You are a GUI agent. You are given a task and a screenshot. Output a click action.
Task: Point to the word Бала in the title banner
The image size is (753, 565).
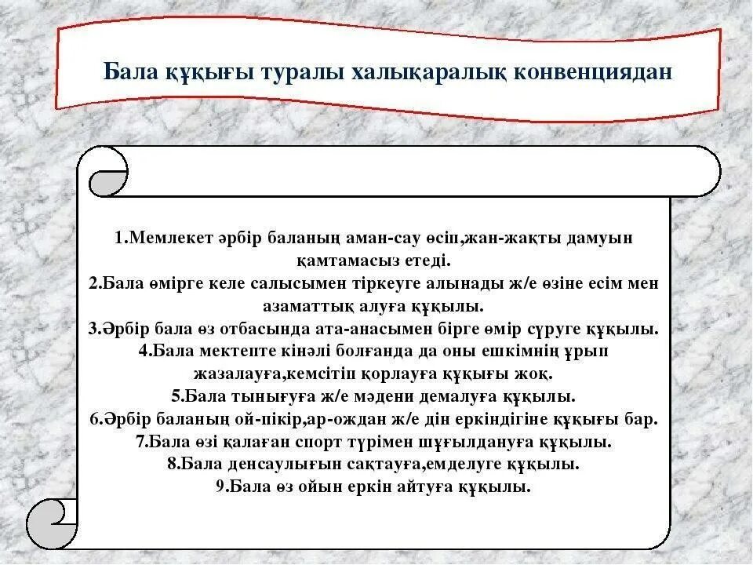[x=129, y=72]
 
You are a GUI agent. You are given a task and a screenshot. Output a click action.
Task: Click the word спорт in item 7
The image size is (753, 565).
[x=322, y=442]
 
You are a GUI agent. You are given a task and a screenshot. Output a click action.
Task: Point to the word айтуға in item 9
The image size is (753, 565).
[x=431, y=487]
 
